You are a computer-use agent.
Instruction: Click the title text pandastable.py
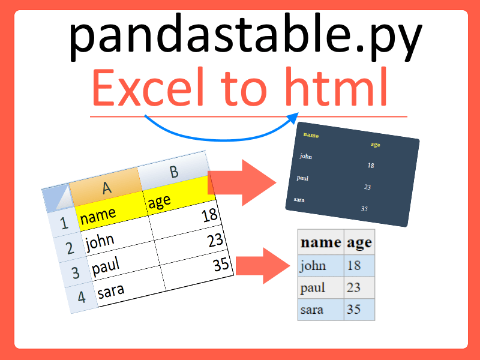coord(245,36)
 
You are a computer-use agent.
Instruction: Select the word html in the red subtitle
coord(337,89)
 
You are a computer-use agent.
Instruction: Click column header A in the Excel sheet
coord(106,188)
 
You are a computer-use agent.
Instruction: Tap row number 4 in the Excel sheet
coord(82,296)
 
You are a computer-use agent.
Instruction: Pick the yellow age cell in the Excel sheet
coord(178,197)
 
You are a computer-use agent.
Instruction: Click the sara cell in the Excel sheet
coord(129,289)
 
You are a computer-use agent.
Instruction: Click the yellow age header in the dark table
coord(376,145)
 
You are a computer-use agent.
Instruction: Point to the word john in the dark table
coord(306,157)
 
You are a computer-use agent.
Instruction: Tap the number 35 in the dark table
coord(364,209)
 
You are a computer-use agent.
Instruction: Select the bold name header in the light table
coord(320,242)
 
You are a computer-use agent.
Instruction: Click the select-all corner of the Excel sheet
coord(55,199)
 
